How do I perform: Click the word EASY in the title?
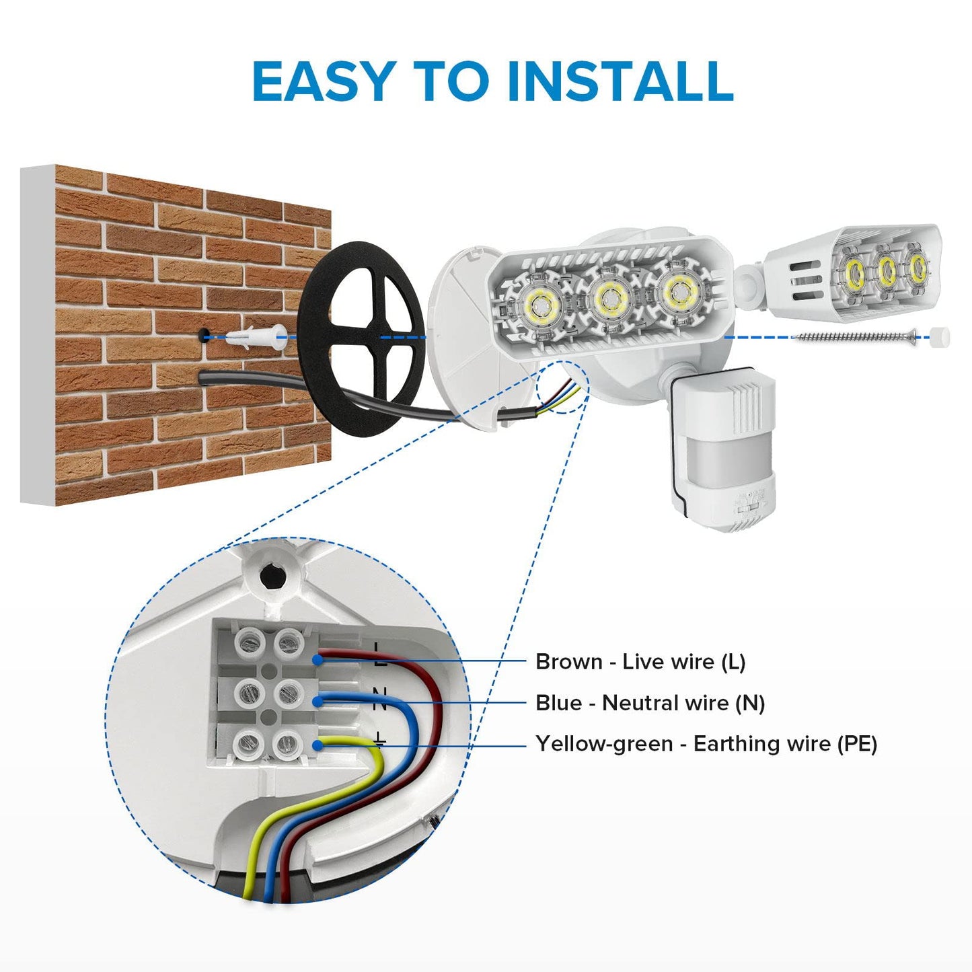(322, 81)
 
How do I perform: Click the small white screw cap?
(940, 336)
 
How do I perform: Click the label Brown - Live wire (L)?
(640, 662)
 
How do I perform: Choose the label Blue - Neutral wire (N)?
(650, 703)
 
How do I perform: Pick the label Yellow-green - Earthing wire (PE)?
(706, 744)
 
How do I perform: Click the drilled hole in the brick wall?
(203, 334)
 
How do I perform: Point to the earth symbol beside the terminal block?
(379, 740)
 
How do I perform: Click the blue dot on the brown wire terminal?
(316, 661)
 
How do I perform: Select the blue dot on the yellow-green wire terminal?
(316, 745)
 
